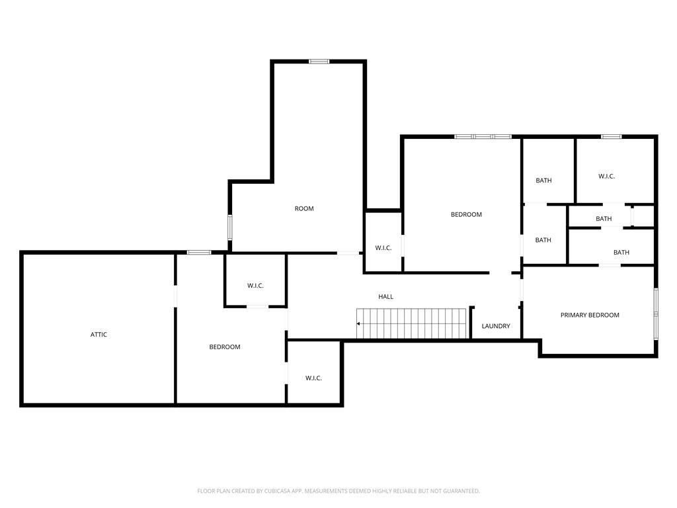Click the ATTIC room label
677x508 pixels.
[x=99, y=334]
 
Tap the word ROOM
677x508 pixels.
[x=304, y=208]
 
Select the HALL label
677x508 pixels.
[x=385, y=297]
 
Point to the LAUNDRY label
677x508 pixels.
[x=496, y=326]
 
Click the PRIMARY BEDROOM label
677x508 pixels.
[x=590, y=316]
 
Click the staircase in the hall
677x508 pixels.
[x=411, y=323]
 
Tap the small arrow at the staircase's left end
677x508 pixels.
[x=358, y=323]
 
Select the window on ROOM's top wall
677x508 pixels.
[x=319, y=62]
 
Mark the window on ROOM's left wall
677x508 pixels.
[x=229, y=228]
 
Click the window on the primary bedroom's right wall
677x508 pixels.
[x=655, y=314]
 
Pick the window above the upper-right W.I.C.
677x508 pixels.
[x=612, y=136]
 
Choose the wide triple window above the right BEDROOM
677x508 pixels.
[x=483, y=136]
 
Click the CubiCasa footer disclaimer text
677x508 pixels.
[x=338, y=491]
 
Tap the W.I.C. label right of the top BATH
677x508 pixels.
[x=606, y=176]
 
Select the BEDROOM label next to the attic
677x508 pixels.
[x=225, y=347]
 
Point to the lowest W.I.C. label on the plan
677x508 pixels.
[x=313, y=378]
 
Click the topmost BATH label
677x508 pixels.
[x=543, y=181]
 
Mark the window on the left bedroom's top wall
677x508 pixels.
[x=199, y=252]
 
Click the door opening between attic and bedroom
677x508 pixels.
[x=175, y=296]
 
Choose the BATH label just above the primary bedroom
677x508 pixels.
[x=621, y=252]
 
